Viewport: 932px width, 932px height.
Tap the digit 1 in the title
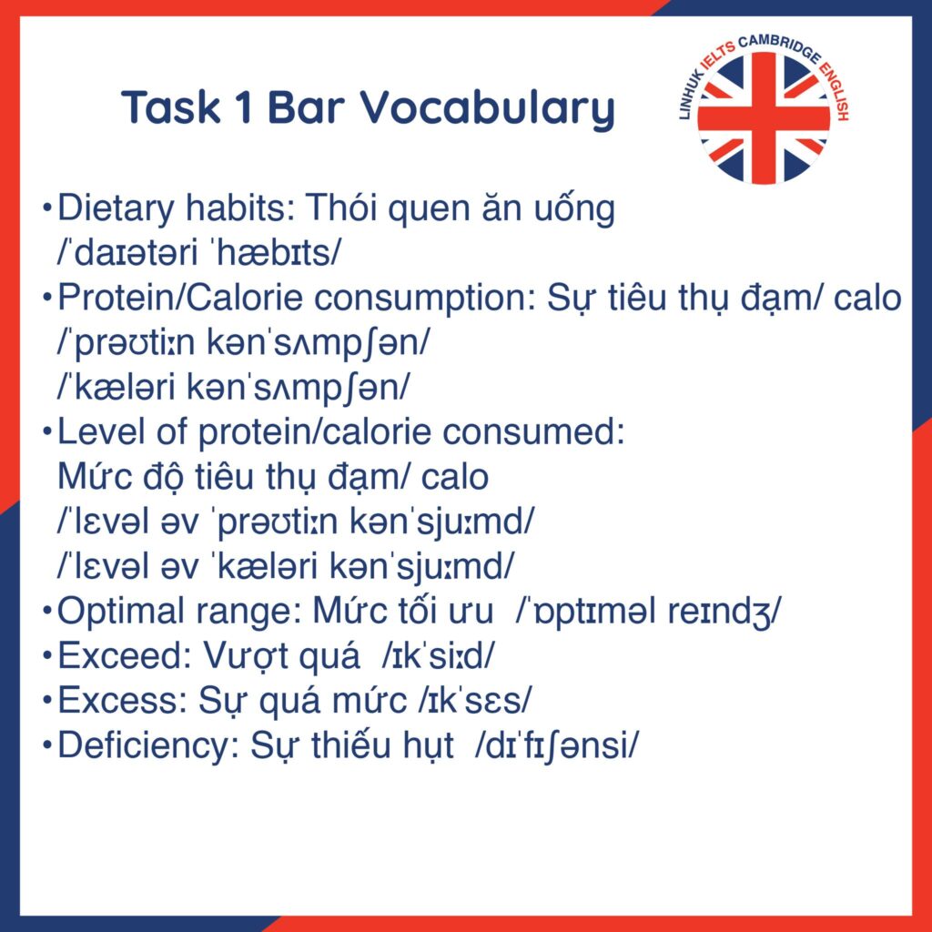[x=243, y=107]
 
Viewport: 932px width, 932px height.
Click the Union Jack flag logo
[x=764, y=118]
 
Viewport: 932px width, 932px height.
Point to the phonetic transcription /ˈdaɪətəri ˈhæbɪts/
[x=199, y=254]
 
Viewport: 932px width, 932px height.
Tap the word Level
[x=101, y=432]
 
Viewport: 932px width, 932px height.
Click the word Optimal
[x=121, y=613]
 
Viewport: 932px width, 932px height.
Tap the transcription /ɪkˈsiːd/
[x=438, y=656]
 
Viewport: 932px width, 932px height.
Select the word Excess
[x=123, y=701]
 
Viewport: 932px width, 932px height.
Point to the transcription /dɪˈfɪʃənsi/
[x=557, y=746]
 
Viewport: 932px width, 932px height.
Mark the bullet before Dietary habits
[x=47, y=208]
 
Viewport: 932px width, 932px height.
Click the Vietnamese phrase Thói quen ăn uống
[x=460, y=210]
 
